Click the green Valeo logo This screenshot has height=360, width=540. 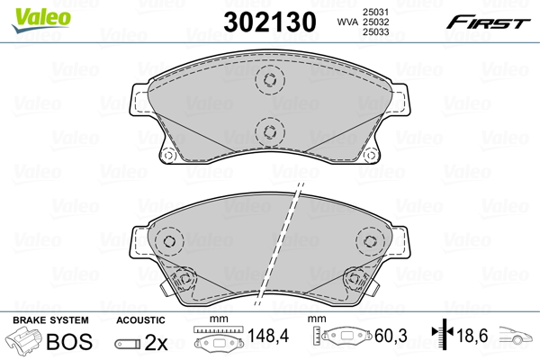click(x=41, y=20)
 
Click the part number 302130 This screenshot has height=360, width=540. click(x=270, y=22)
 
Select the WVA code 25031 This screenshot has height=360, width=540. click(x=375, y=12)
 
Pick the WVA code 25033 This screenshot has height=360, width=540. click(x=375, y=32)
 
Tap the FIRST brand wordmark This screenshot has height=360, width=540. click(x=488, y=22)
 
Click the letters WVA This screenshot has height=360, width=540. click(x=347, y=22)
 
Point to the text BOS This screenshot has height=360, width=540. click(x=69, y=341)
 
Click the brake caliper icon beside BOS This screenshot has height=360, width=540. click(x=24, y=339)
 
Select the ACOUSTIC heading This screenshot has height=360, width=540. click(x=140, y=320)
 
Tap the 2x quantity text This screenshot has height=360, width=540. click(x=156, y=342)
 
